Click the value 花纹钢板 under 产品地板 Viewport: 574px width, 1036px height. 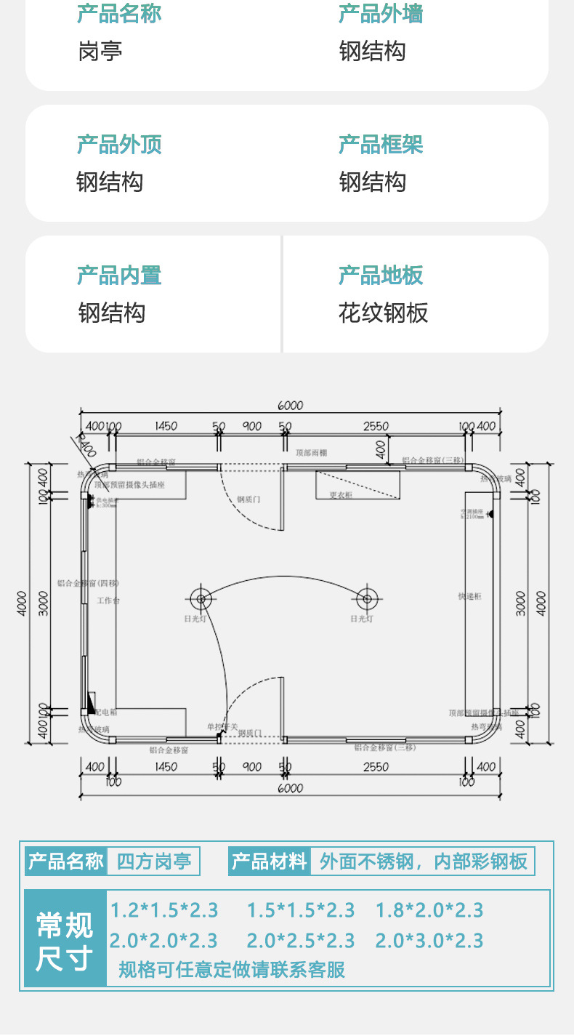383,313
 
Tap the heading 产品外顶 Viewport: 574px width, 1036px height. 119,145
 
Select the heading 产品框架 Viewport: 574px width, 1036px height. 381,145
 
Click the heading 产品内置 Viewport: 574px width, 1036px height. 119,276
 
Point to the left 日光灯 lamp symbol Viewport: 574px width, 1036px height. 201,600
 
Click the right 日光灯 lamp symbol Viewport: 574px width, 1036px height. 366,600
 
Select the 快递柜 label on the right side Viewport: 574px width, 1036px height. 469,596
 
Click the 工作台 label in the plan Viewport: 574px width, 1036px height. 108,601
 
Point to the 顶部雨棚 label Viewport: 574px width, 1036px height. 311,452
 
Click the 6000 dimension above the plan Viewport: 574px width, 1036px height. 290,406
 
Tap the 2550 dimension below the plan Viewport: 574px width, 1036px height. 376,766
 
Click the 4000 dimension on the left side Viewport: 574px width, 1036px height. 22,602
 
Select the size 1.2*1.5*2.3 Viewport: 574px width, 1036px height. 164,910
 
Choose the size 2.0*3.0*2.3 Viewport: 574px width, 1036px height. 429,941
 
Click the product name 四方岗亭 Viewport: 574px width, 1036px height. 153,862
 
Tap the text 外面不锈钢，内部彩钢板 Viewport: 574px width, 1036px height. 423,862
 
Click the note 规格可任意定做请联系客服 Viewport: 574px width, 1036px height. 232,969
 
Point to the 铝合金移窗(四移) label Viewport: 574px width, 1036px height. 88,583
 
